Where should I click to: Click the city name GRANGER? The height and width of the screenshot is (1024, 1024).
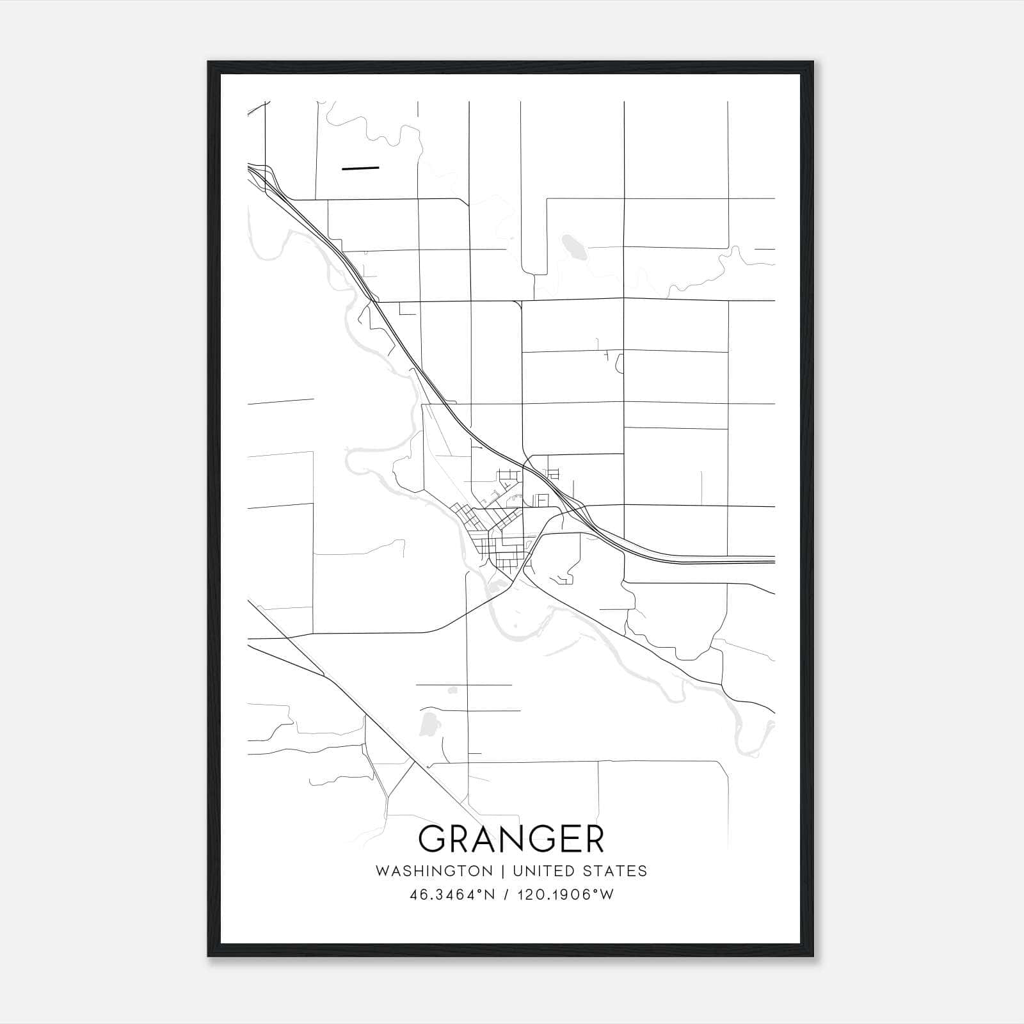coord(511,839)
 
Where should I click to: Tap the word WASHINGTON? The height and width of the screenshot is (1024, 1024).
coord(434,871)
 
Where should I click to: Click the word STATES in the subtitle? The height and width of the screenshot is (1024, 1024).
coord(615,871)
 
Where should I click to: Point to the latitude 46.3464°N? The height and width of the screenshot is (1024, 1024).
coord(452,895)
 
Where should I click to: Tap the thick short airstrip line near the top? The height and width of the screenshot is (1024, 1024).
coord(360,168)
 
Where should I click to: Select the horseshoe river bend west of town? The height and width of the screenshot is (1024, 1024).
coord(358,458)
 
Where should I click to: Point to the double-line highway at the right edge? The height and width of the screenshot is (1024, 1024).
coord(755,561)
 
